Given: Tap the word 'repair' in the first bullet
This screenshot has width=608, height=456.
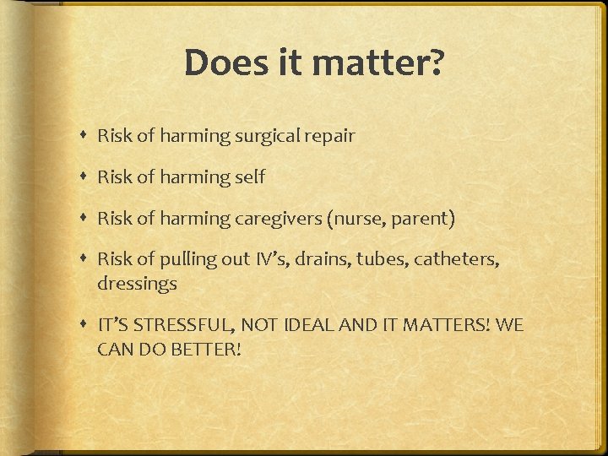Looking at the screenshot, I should click(330, 136).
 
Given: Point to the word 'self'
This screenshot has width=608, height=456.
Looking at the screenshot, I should click(249, 177).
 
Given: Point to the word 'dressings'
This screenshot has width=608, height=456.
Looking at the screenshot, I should click(137, 284).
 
